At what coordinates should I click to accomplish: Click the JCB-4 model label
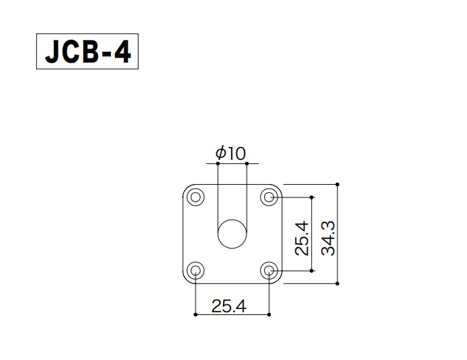(x=87, y=52)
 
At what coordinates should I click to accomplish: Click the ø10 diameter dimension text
(x=230, y=153)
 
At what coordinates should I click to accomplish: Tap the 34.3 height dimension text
(x=328, y=238)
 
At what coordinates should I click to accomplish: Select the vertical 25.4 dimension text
(x=302, y=238)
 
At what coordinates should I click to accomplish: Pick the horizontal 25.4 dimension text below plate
(x=229, y=306)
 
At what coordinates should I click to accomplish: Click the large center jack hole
(x=232, y=234)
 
